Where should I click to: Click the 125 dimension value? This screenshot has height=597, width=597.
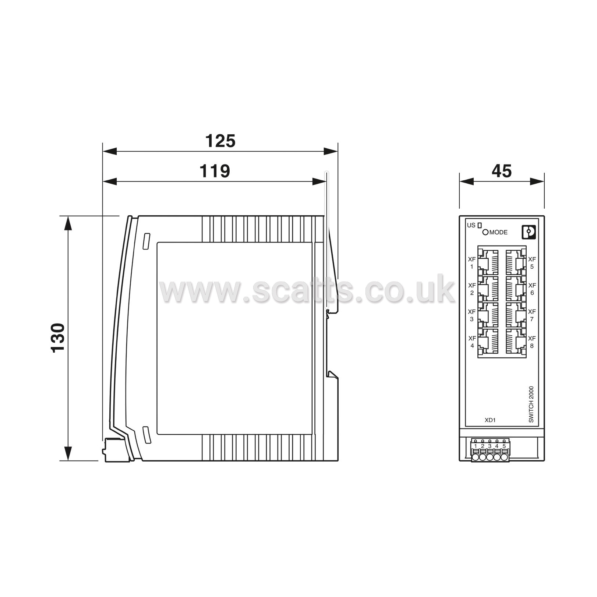tap(220, 141)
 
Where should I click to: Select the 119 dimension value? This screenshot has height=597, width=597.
tap(215, 171)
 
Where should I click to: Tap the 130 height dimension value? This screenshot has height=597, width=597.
tap(58, 338)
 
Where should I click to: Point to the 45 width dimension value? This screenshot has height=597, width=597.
tap(502, 171)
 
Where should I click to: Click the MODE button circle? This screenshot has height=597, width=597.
tap(485, 232)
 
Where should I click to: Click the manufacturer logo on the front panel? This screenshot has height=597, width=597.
tap(529, 232)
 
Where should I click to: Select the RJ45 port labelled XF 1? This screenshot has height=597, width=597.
tap(488, 262)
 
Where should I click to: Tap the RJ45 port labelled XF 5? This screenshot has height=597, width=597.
tap(515, 262)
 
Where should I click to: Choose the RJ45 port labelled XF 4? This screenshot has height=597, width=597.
tap(488, 342)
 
